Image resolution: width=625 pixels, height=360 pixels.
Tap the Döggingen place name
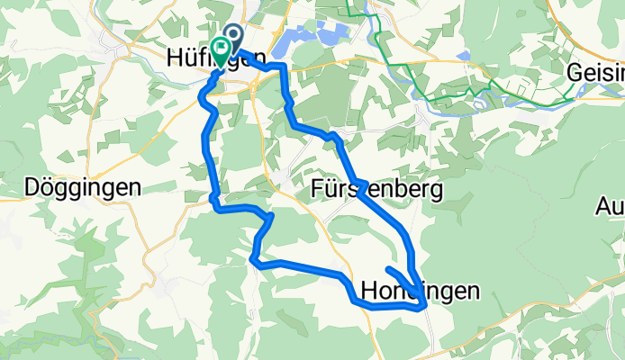click(x=83, y=188)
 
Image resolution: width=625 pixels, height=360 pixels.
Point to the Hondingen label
click(x=419, y=290)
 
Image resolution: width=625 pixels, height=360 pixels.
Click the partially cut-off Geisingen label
click(x=596, y=73)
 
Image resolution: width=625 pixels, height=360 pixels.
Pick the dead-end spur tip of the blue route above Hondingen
click(x=388, y=269)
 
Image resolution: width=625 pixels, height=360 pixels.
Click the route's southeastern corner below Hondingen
click(x=421, y=308)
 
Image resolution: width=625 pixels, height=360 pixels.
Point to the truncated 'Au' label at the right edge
click(x=611, y=207)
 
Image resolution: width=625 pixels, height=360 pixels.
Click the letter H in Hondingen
click(x=367, y=290)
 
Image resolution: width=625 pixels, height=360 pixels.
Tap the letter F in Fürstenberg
click(x=317, y=190)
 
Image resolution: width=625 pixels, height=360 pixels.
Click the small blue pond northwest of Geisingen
click(x=463, y=56)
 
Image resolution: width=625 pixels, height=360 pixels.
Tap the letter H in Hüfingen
click(x=176, y=57)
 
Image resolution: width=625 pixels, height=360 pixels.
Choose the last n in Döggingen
click(x=135, y=188)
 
